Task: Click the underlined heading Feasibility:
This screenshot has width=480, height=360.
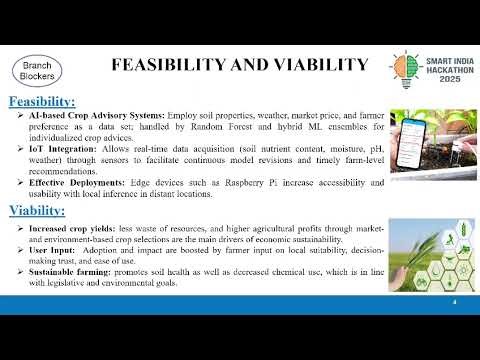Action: point(42,103)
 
